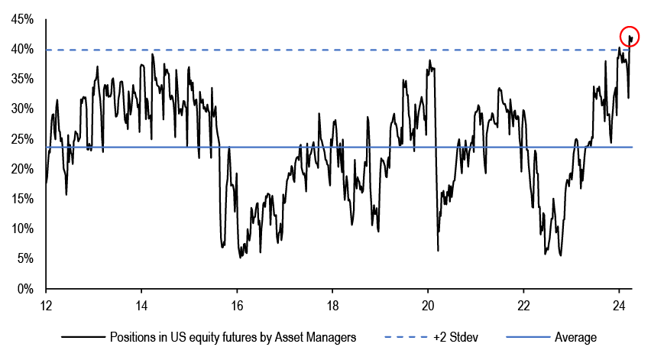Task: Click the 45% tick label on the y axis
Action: (21, 20)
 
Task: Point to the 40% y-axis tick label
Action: (21, 50)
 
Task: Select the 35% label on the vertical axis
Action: (21, 79)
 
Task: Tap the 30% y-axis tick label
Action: (21, 109)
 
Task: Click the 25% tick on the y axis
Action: (21, 139)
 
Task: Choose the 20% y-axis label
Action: (21, 169)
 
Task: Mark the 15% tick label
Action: (21, 199)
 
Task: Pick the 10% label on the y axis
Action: (21, 229)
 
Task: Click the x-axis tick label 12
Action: (46, 303)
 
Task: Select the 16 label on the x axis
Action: (237, 303)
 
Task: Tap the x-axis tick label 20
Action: (428, 303)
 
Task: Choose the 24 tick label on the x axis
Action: (619, 303)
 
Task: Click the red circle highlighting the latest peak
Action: (630, 37)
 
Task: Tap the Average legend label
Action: (576, 337)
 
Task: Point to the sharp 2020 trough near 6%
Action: (438, 250)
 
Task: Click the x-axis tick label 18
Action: (332, 303)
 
